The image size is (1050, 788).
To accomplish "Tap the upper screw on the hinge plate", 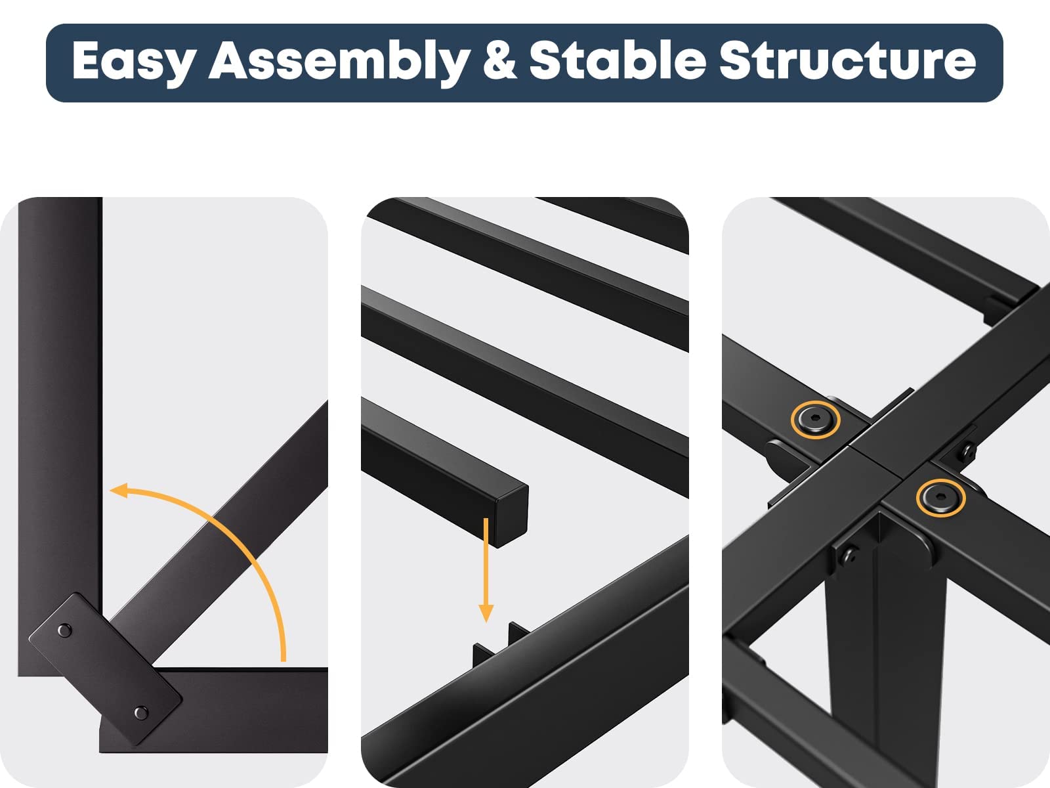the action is tap(64, 630).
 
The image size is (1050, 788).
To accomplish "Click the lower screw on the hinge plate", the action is tap(141, 713).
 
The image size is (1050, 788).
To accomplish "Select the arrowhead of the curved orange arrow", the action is tap(119, 491).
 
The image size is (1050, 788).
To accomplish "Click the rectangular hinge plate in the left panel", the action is tap(105, 669).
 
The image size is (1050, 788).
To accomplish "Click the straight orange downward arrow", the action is tap(486, 569).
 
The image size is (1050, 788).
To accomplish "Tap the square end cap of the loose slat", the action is tap(513, 515).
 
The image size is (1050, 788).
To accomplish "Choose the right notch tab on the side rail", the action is tap(518, 632).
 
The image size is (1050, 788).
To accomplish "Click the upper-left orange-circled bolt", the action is tap(816, 420).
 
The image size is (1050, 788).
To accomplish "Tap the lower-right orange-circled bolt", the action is tap(941, 498).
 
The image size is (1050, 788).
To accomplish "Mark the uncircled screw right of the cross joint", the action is tap(968, 451).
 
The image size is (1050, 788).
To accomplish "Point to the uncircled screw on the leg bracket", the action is tap(850, 556).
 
